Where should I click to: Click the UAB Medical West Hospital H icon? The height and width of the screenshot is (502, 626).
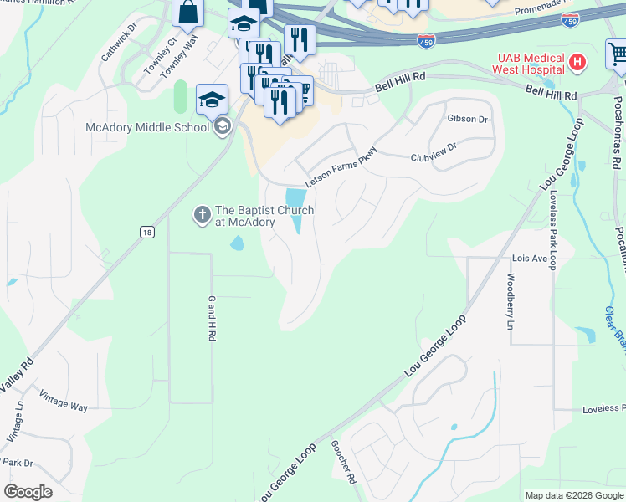[576, 61]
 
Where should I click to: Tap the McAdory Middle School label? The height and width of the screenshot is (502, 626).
[147, 127]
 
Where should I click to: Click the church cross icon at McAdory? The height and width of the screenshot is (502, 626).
[202, 215]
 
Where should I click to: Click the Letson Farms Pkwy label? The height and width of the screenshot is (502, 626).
[341, 167]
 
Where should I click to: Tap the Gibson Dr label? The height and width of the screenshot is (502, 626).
[467, 120]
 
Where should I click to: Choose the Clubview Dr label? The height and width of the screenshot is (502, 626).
[433, 151]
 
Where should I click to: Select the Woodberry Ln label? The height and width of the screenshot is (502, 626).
[510, 301]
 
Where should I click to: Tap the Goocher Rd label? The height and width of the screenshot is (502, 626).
[343, 464]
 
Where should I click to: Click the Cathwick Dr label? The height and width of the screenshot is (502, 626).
[119, 46]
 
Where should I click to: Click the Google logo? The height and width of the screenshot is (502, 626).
[28, 492]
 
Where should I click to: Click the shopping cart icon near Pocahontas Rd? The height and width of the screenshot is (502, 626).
[618, 54]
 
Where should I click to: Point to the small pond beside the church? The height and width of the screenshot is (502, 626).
[237, 243]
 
